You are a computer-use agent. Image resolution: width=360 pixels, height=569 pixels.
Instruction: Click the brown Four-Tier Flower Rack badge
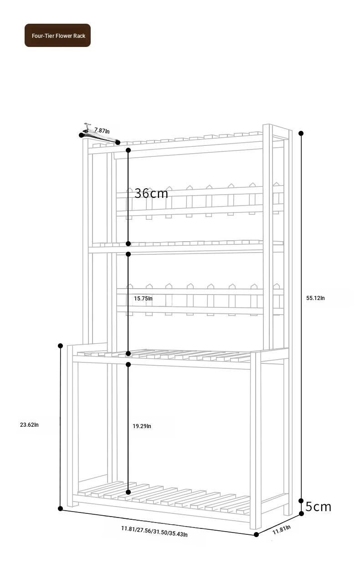click(x=57, y=35)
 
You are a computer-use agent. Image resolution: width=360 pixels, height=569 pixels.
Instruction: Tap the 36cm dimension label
click(x=151, y=193)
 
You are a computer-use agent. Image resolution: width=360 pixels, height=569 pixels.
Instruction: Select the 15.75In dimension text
click(x=143, y=299)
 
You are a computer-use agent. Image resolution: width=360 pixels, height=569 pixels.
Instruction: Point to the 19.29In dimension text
click(x=142, y=426)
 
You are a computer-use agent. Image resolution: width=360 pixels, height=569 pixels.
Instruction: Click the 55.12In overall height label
click(x=315, y=298)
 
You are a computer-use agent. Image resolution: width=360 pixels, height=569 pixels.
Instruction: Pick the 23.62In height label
click(x=29, y=425)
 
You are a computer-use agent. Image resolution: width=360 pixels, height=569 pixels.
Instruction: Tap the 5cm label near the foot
click(x=319, y=507)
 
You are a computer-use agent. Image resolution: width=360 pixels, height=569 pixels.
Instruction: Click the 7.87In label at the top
click(x=102, y=130)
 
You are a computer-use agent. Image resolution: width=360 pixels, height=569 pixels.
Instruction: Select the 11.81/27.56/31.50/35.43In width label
click(x=154, y=532)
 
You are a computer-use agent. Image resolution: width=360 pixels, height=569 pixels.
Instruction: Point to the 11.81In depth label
click(x=282, y=530)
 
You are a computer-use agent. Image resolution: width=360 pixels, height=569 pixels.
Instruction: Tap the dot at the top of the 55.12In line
click(x=301, y=133)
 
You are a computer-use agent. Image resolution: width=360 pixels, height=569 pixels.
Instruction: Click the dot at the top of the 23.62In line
click(x=61, y=346)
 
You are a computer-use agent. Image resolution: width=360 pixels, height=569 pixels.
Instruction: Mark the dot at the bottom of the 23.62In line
click(x=61, y=508)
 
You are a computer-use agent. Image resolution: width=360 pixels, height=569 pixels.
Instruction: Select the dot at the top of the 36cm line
click(x=128, y=150)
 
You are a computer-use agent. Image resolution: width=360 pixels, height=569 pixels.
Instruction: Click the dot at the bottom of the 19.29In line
click(x=128, y=492)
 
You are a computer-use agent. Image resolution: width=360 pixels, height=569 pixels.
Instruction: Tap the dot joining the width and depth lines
click(x=257, y=534)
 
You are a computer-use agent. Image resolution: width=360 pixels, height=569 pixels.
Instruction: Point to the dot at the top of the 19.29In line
click(x=128, y=364)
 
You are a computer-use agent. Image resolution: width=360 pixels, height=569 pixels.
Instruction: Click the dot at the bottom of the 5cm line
click(x=302, y=514)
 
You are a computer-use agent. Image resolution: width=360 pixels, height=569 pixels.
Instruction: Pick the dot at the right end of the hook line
click(x=118, y=143)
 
